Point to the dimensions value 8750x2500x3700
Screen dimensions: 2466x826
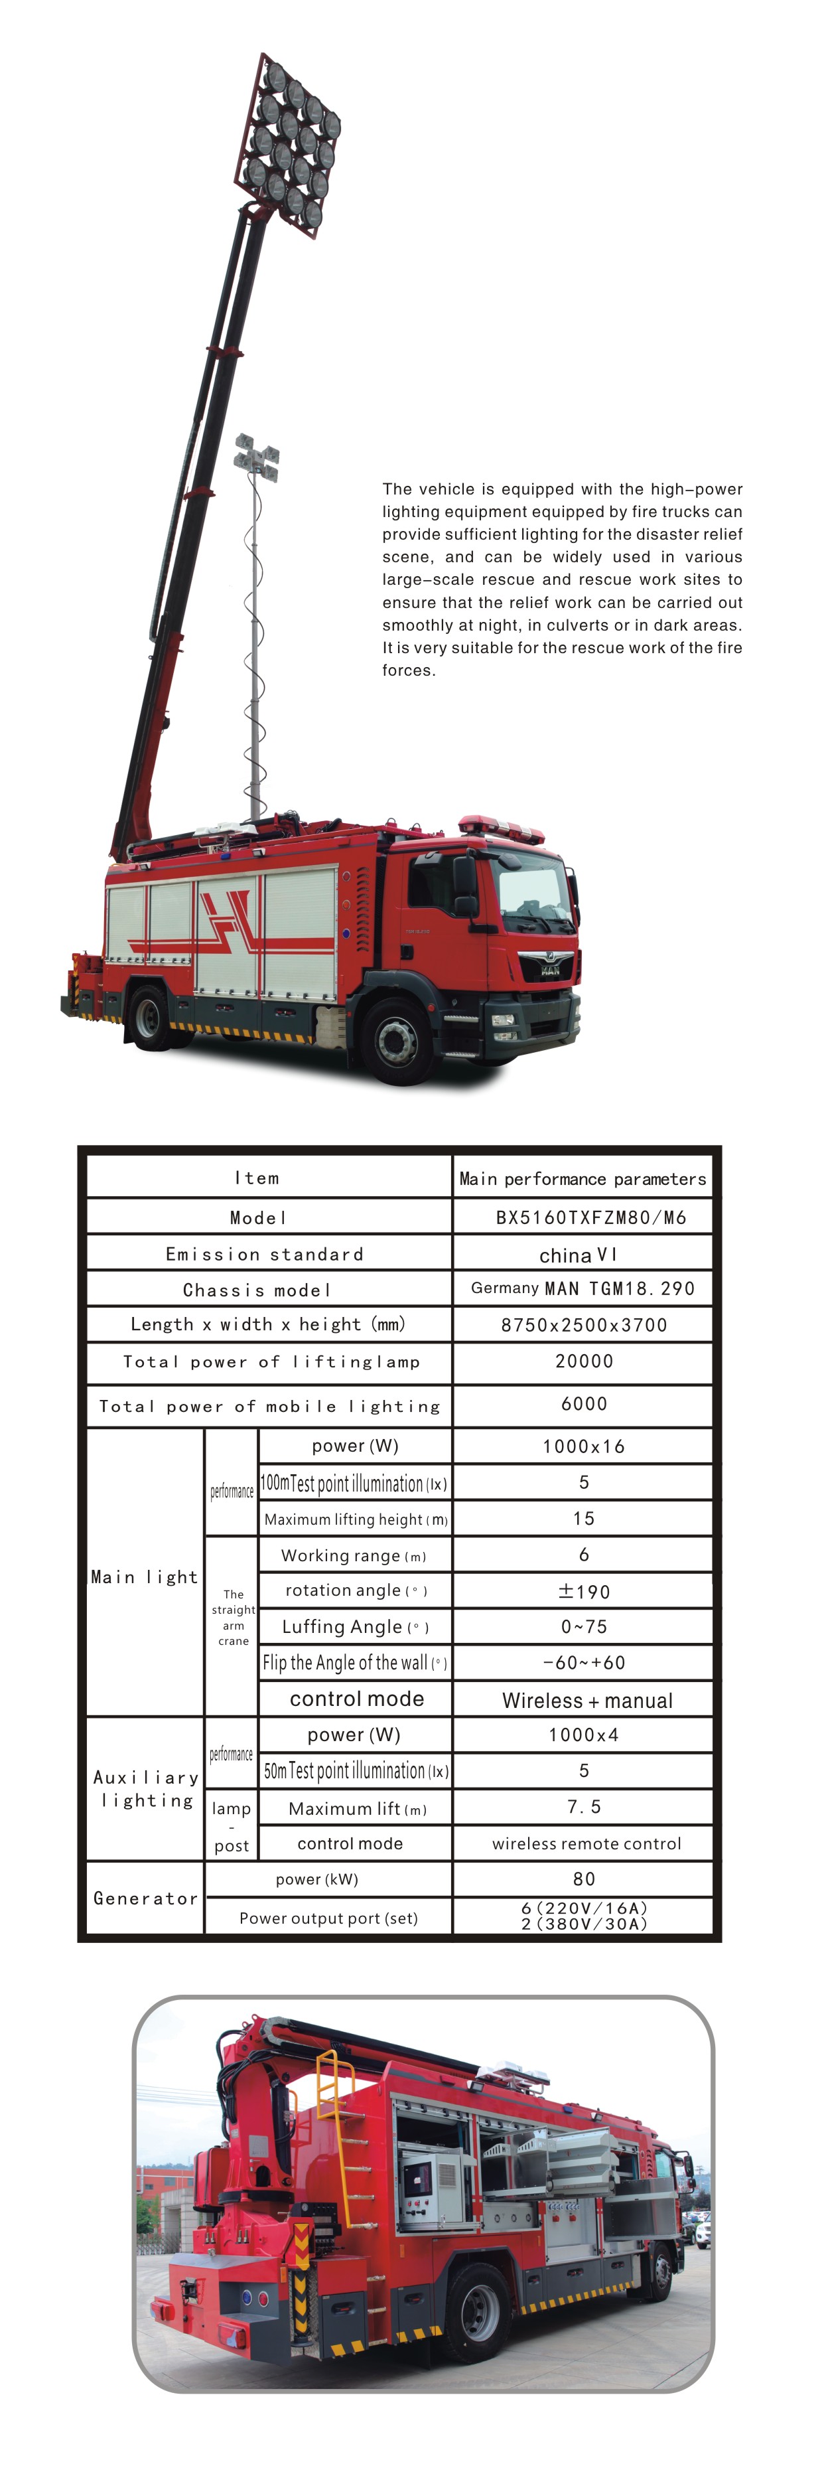584,1325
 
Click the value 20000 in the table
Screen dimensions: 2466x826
584,1361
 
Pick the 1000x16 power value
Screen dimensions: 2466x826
583,1446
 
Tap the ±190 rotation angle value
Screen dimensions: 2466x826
583,1591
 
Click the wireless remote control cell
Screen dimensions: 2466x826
586,1843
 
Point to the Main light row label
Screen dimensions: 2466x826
145,1576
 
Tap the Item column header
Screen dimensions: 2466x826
257,1178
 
